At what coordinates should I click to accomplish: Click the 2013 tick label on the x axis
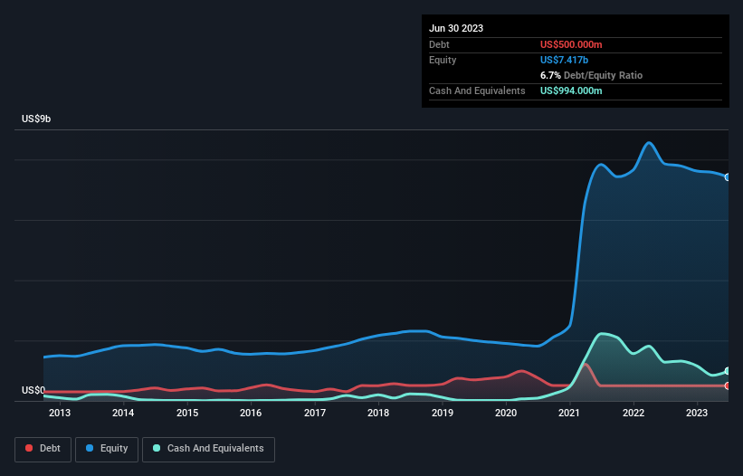[60, 414]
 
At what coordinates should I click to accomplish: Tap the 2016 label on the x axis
[251, 414]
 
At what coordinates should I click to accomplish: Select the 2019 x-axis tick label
[443, 414]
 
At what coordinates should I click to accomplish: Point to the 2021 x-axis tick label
[570, 414]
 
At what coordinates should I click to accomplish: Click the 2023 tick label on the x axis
[697, 414]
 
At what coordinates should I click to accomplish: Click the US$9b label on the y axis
[37, 119]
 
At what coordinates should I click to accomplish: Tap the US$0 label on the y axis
[33, 391]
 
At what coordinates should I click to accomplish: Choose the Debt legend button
[42, 449]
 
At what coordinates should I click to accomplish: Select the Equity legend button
[107, 449]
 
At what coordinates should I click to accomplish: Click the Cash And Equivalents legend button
[208, 449]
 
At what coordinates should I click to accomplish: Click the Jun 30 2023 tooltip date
[456, 28]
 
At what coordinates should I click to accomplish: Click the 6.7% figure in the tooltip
[550, 75]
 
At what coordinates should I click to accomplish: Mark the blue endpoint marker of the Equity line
[728, 177]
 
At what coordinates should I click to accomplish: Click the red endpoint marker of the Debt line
[728, 386]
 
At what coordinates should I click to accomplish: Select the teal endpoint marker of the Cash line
[728, 372]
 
